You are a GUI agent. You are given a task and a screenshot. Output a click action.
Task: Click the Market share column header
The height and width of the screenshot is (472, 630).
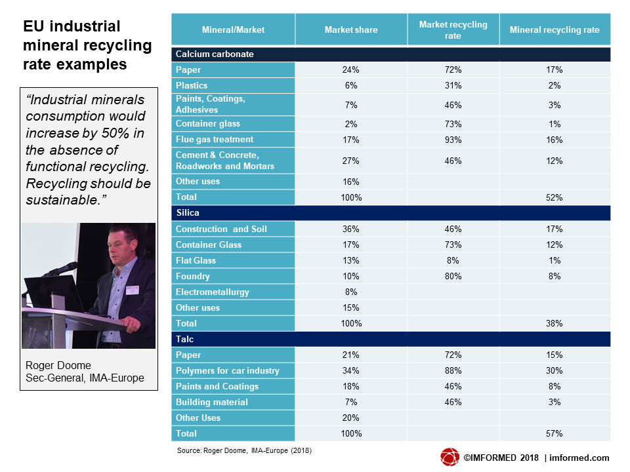click(350, 29)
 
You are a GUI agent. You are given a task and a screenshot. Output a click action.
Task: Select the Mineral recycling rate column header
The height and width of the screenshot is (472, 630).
click(555, 29)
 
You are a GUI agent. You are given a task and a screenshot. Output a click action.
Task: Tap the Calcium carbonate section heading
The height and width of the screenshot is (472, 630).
click(215, 54)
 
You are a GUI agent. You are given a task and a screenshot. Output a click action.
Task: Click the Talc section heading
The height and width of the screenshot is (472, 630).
click(185, 339)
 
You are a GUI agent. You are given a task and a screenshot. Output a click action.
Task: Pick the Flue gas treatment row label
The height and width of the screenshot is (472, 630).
click(215, 139)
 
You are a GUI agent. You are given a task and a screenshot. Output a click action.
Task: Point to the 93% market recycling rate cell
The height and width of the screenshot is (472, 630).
click(453, 140)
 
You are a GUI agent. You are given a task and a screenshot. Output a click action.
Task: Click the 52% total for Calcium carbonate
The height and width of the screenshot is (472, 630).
click(554, 197)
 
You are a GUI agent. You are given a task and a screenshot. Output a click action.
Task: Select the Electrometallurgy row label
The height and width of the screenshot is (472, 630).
click(212, 292)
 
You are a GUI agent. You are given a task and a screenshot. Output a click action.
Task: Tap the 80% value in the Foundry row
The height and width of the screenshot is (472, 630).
click(453, 276)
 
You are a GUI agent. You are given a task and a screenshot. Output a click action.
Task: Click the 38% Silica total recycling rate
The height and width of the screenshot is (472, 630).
click(554, 323)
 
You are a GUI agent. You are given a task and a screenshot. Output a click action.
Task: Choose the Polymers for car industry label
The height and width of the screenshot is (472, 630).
click(228, 370)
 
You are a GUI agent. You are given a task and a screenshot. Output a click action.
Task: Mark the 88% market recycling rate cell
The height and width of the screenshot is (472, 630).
click(453, 370)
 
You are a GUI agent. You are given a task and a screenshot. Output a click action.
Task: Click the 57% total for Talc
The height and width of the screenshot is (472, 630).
click(554, 433)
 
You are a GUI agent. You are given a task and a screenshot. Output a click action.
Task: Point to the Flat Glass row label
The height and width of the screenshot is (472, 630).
click(196, 260)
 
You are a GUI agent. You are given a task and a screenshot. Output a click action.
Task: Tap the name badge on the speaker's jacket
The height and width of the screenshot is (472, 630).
click(132, 290)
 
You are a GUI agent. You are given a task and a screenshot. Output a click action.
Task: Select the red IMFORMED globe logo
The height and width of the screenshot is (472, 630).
click(450, 457)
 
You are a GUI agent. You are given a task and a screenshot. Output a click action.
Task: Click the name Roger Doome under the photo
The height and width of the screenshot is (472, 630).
click(58, 365)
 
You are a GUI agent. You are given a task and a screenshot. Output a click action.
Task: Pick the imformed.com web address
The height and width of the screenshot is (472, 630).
click(579, 458)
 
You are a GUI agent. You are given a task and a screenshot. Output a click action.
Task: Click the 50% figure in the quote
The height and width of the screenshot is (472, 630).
click(115, 133)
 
